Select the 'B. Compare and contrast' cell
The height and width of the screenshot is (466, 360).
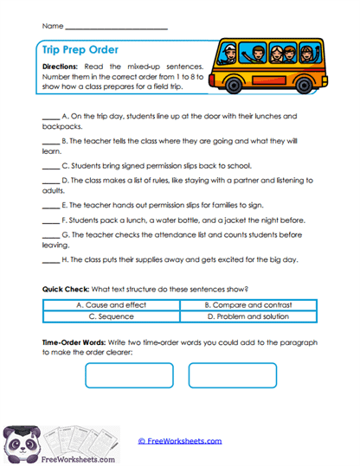point(247,305)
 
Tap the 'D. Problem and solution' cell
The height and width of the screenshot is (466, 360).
point(247,316)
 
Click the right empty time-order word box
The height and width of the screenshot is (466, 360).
point(232,375)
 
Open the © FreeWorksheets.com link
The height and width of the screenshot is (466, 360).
point(180,441)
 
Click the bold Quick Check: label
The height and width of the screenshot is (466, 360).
point(63,288)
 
